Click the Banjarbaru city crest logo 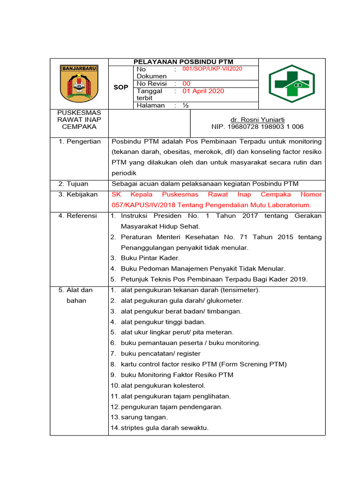point(79,83)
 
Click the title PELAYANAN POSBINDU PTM point(183,62)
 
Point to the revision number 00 point(187,83)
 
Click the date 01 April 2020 point(203,91)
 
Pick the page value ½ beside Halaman point(186,105)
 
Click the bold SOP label point(121,87)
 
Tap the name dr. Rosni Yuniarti point(257,120)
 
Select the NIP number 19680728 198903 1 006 point(257,127)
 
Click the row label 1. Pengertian point(79,142)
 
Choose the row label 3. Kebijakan point(78,194)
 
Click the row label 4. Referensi point(78,216)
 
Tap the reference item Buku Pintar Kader point(150,258)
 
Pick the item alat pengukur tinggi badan point(163,322)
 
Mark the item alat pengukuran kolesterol point(163,385)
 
